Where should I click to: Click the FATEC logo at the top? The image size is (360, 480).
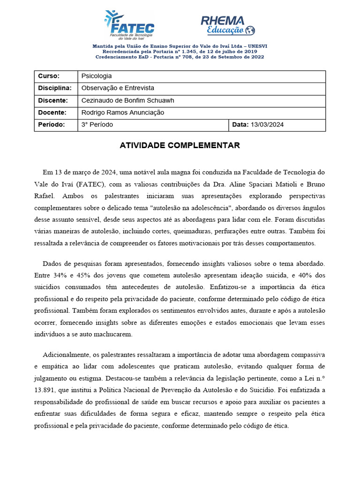pyautogui.click(x=129, y=25)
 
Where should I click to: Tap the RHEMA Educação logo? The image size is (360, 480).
pyautogui.click(x=227, y=25)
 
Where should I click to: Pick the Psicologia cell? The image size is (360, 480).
pyautogui.click(x=97, y=76)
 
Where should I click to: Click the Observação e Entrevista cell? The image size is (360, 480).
pyautogui.click(x=118, y=88)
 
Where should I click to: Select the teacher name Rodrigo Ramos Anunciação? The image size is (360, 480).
pyautogui.click(x=123, y=112)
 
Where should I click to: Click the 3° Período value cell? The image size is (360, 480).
pyautogui.click(x=97, y=125)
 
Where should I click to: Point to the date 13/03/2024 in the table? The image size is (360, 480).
pyautogui.click(x=267, y=125)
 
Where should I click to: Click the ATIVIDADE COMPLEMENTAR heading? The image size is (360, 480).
pyautogui.click(x=180, y=145)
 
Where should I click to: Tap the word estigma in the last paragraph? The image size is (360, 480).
pyautogui.click(x=90, y=378)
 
